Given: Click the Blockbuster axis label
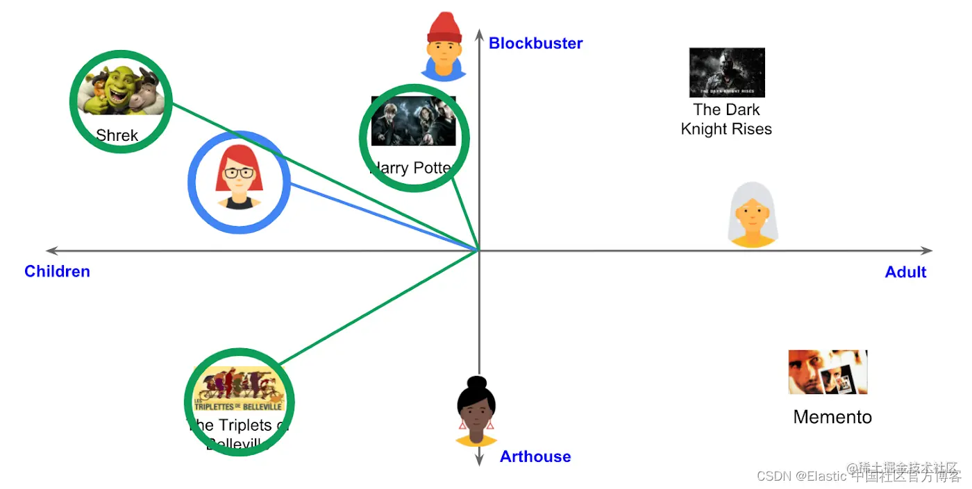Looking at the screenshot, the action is click(x=535, y=43).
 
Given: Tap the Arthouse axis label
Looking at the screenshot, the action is click(x=535, y=456).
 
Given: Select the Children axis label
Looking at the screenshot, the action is click(x=57, y=271).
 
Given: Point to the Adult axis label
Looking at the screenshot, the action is click(x=905, y=272).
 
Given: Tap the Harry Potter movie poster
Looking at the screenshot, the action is click(x=414, y=121).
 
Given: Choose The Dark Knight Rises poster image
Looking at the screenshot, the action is click(x=727, y=72).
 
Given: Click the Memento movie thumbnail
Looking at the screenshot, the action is click(x=828, y=372).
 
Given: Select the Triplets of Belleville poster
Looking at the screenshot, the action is click(x=240, y=388).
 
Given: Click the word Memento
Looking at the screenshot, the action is click(x=832, y=417).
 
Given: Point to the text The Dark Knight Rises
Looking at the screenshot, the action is click(x=726, y=119).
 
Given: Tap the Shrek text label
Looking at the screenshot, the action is click(x=117, y=135).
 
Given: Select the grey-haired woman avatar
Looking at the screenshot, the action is click(x=753, y=215).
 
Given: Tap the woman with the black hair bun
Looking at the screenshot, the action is click(x=476, y=411).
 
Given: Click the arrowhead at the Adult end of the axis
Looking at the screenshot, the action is click(x=927, y=250).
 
